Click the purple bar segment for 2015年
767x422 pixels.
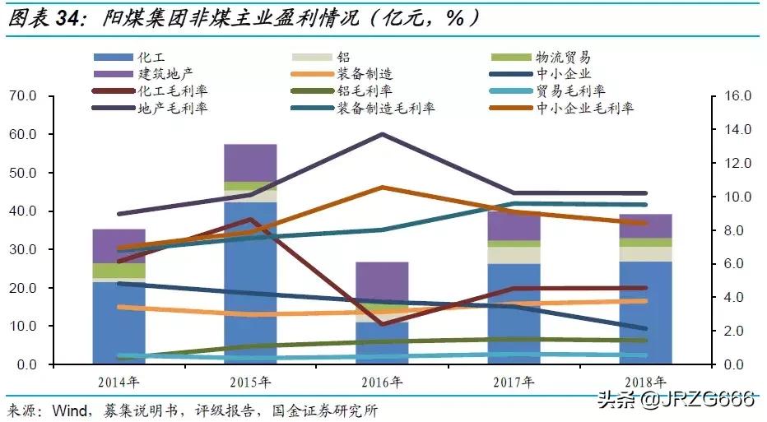250,163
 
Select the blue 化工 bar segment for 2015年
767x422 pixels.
250,271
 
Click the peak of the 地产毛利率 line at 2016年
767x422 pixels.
382,134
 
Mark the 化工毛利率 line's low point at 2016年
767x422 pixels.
382,324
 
